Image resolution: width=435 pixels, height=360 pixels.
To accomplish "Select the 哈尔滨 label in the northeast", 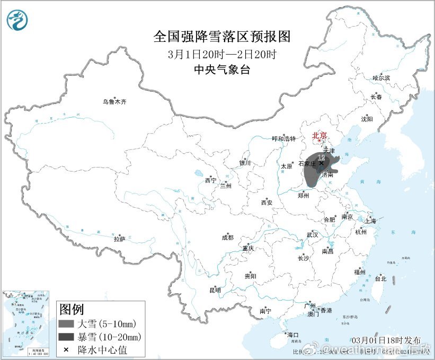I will click(x=381, y=78).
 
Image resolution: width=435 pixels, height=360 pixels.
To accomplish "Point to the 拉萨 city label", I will click(x=119, y=239).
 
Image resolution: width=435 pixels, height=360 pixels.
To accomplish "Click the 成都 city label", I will click(x=227, y=238).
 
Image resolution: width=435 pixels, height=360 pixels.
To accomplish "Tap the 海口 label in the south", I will click(x=292, y=335).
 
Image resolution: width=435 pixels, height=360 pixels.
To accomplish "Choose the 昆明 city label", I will click(x=215, y=290).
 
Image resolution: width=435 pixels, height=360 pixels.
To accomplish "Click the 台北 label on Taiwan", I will click(x=380, y=278).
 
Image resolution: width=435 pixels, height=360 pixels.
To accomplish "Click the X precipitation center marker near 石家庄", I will click(x=321, y=163).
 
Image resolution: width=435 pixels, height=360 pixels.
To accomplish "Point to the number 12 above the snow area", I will click(x=321, y=157).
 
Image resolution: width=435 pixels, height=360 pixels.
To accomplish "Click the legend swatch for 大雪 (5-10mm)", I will click(x=66, y=324).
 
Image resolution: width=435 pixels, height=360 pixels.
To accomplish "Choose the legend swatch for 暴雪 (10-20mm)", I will click(x=66, y=337).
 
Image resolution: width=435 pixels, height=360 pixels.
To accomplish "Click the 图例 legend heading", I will click(x=71, y=309).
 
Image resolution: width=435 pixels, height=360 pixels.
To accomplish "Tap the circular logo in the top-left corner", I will click(x=17, y=19).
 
